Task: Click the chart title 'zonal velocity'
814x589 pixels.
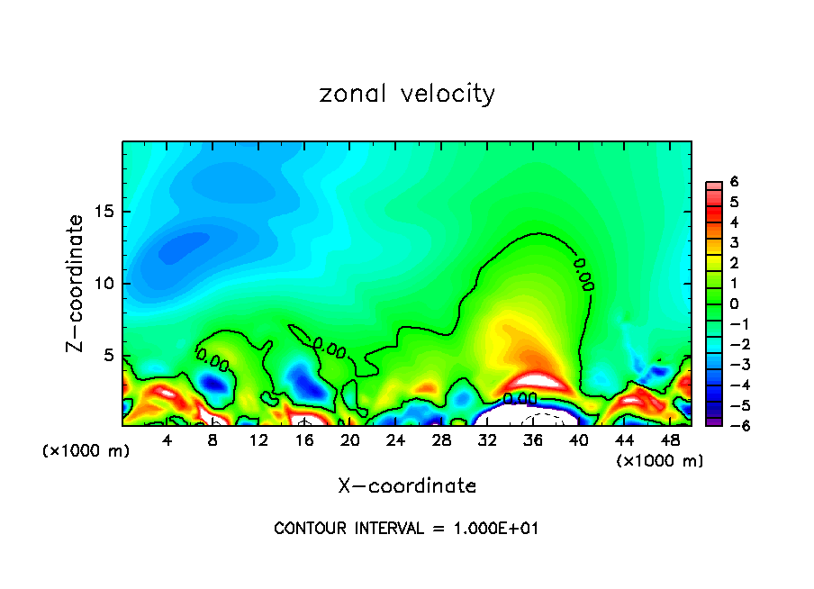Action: tap(407, 94)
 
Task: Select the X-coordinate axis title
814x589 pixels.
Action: tap(407, 486)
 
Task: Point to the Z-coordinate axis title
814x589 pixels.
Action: tap(77, 284)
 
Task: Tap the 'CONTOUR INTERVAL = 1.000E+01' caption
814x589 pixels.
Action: tap(407, 529)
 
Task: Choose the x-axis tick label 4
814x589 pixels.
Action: tap(167, 440)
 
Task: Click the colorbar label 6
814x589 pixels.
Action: tap(735, 182)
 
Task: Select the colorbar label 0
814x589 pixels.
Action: tap(735, 304)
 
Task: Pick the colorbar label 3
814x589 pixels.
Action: tap(735, 242)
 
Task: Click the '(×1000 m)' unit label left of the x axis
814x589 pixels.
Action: tap(86, 451)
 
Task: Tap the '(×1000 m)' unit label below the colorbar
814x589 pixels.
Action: tap(659, 461)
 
